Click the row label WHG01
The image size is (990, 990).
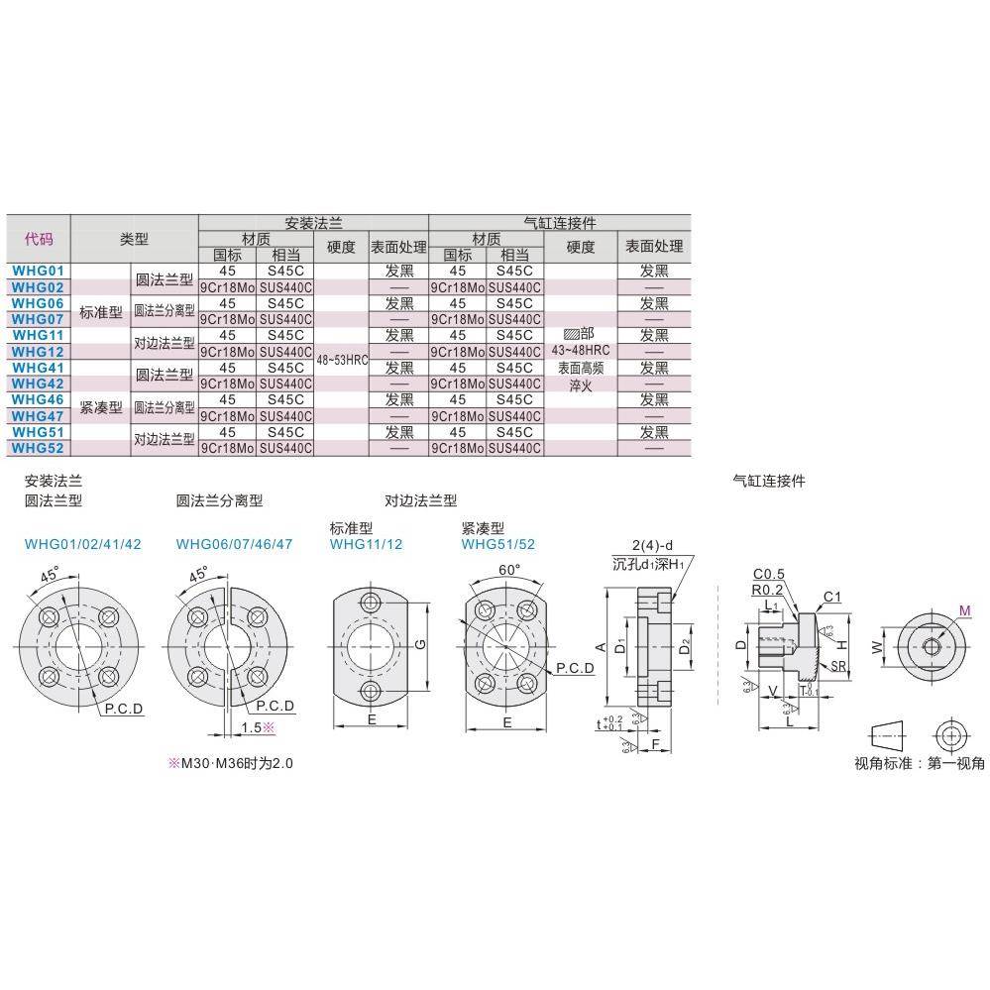pyautogui.click(x=39, y=271)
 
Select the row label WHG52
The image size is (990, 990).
pyautogui.click(x=39, y=448)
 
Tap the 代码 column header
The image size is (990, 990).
pyautogui.click(x=39, y=239)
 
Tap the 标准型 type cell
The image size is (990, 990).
pyautogui.click(x=100, y=311)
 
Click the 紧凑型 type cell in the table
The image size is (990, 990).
pyautogui.click(x=100, y=407)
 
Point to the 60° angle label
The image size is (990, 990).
pyautogui.click(x=509, y=571)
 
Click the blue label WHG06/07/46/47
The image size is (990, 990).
pyautogui.click(x=234, y=544)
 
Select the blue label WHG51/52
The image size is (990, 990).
pyautogui.click(x=497, y=544)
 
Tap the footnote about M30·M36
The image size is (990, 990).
pyautogui.click(x=231, y=764)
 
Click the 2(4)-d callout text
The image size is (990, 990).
pyautogui.click(x=653, y=545)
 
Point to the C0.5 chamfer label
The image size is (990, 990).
pyautogui.click(x=768, y=574)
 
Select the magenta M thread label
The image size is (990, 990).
pyautogui.click(x=964, y=609)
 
